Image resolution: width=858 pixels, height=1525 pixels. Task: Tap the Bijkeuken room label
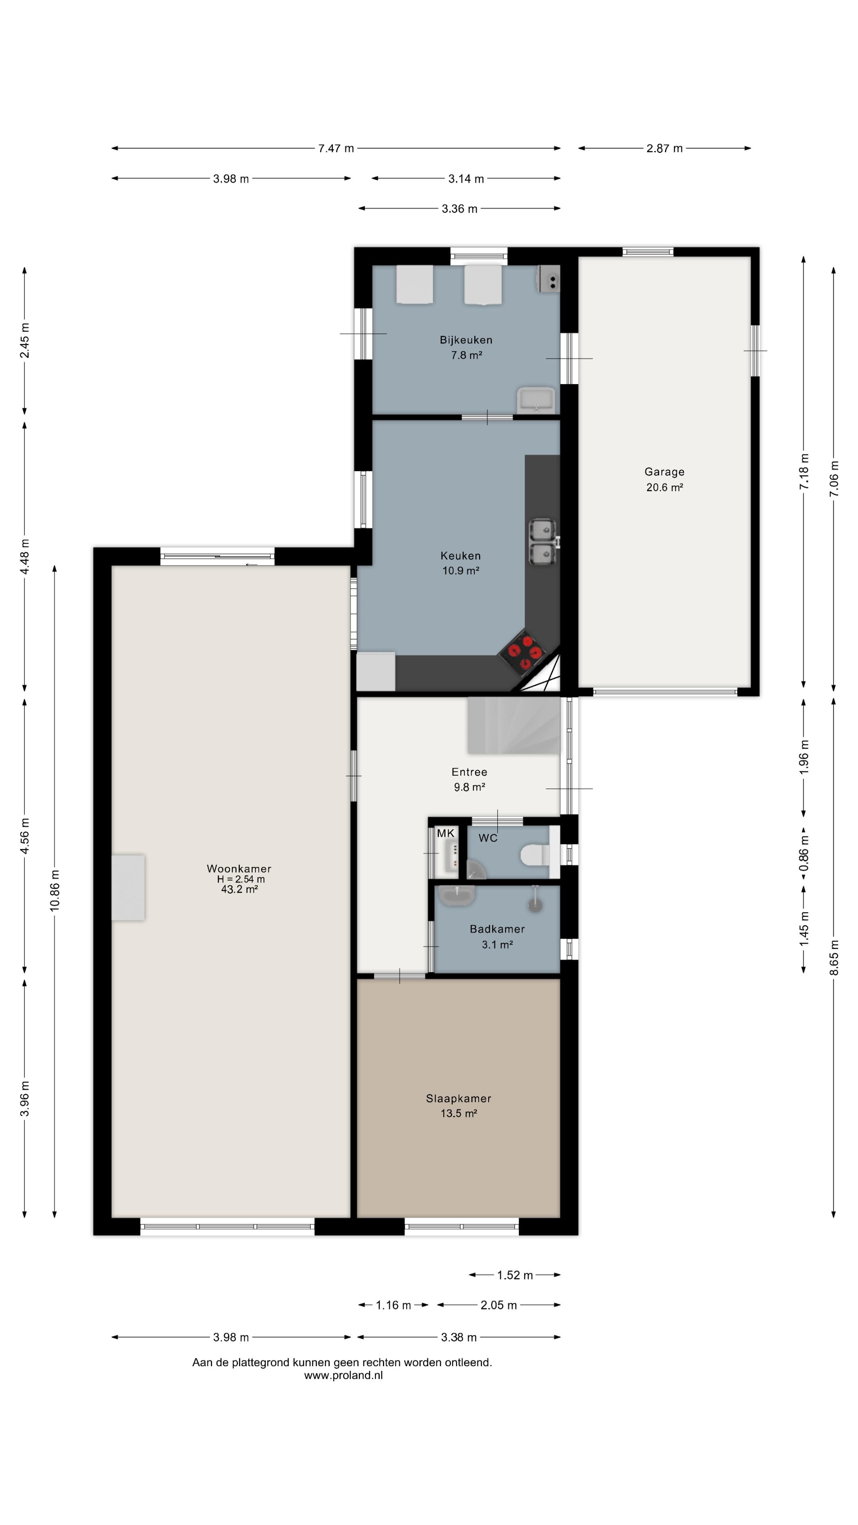pyautogui.click(x=466, y=340)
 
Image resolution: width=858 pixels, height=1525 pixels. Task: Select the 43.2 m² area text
pyautogui.click(x=239, y=889)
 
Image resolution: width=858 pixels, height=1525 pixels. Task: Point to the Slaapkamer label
pyautogui.click(x=458, y=1098)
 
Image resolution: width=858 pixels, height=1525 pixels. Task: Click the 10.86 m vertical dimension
pyautogui.click(x=54, y=890)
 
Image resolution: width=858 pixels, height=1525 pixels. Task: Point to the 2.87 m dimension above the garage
pyautogui.click(x=665, y=148)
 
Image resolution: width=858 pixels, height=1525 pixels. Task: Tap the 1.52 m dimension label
pyautogui.click(x=514, y=1274)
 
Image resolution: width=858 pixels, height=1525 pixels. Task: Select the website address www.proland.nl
pyautogui.click(x=344, y=1375)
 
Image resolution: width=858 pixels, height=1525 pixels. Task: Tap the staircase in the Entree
pyautogui.click(x=513, y=725)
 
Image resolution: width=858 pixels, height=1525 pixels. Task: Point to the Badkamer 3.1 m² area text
pyautogui.click(x=497, y=944)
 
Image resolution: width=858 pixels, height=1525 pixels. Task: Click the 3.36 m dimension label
pyautogui.click(x=460, y=208)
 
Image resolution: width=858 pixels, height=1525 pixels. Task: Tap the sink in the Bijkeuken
pyautogui.click(x=535, y=401)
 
